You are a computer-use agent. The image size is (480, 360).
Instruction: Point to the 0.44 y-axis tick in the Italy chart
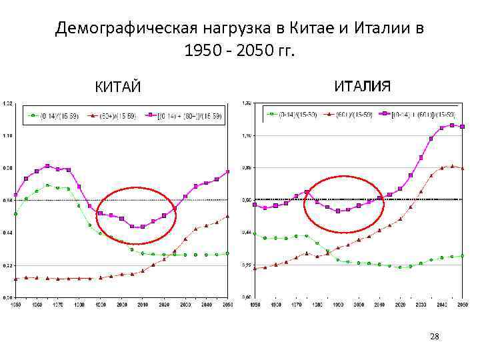point(245,232)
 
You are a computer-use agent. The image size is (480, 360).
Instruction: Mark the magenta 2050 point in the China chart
point(227,172)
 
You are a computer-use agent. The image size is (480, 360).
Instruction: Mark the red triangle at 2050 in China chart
point(227,216)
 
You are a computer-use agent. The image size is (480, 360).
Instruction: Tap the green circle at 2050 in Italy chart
point(462,255)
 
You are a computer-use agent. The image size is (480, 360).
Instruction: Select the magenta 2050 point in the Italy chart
point(462,126)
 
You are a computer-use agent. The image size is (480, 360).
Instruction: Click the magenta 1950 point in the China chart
point(15,195)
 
